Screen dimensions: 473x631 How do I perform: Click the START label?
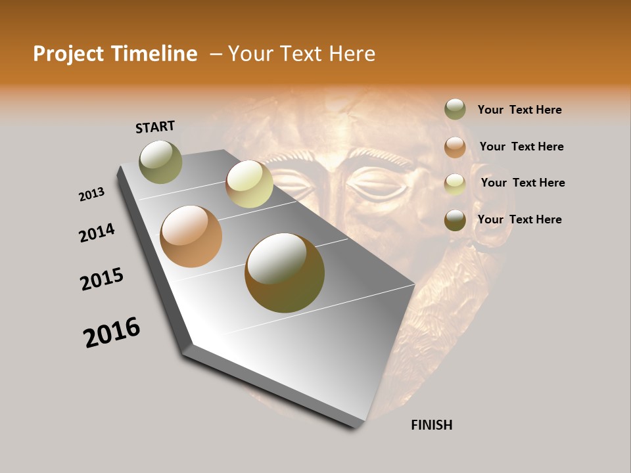click(155, 127)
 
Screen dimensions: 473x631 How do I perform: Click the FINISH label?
click(431, 425)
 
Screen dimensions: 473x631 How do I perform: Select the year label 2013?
click(92, 194)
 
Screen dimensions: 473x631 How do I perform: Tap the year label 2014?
click(97, 233)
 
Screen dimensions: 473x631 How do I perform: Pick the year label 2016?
click(112, 332)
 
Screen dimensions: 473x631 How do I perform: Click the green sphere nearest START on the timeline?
click(161, 162)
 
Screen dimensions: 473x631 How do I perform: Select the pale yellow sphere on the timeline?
click(249, 184)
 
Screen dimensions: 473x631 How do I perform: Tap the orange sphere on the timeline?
click(191, 236)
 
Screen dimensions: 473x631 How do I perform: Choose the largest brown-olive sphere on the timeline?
click(285, 273)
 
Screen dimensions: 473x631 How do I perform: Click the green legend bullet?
click(455, 110)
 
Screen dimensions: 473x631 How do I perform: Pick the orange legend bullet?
click(455, 147)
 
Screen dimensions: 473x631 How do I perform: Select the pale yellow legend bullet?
click(455, 183)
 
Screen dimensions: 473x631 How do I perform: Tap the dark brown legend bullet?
click(455, 220)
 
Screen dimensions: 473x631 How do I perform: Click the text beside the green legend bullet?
click(519, 110)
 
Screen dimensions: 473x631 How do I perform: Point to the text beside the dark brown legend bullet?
click(519, 219)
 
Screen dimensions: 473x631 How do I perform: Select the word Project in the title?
click(68, 54)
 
